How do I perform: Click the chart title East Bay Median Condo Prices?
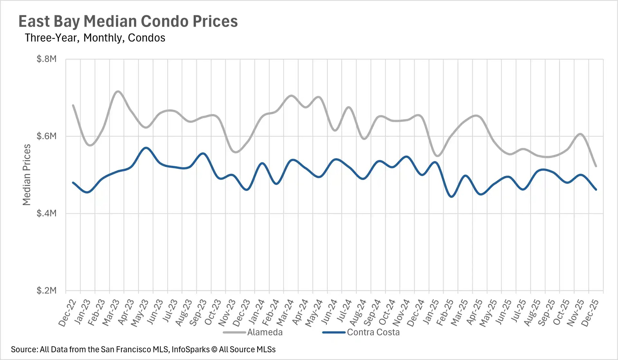coord(128,22)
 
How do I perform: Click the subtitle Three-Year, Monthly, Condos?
coord(95,38)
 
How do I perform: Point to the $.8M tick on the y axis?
coord(47,59)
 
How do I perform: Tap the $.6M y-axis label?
coord(47,136)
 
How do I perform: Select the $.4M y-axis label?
coord(47,213)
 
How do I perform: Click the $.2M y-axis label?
coord(47,290)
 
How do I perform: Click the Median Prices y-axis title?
coord(27,175)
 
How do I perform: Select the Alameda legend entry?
coord(265,332)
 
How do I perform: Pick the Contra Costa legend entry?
coord(373,332)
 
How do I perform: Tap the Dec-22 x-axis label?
coord(68,313)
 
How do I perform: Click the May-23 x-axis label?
coord(140,313)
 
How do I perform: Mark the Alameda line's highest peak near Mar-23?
coord(118,91)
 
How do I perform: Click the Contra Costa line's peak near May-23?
coord(146,148)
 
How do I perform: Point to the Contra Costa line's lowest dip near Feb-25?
coord(452,196)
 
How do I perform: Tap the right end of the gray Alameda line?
coord(596,166)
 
